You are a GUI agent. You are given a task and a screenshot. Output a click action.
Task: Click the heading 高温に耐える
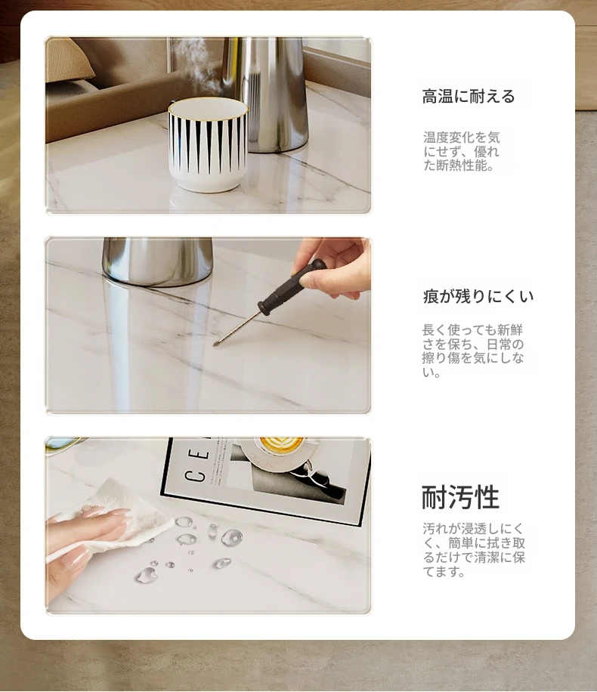(x=469, y=96)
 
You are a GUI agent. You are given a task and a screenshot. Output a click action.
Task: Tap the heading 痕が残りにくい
(x=478, y=296)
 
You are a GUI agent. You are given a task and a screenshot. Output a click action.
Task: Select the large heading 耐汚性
(x=460, y=497)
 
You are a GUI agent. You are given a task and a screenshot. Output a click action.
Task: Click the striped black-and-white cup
(x=208, y=144)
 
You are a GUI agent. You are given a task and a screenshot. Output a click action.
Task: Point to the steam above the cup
(x=190, y=66)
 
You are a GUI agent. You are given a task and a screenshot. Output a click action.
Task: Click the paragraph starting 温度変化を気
(x=462, y=151)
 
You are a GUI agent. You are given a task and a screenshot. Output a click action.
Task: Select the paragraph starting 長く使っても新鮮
(x=473, y=351)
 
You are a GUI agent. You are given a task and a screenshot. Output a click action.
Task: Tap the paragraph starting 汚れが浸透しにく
(x=473, y=550)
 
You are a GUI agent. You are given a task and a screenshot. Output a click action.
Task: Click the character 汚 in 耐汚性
(x=460, y=497)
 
